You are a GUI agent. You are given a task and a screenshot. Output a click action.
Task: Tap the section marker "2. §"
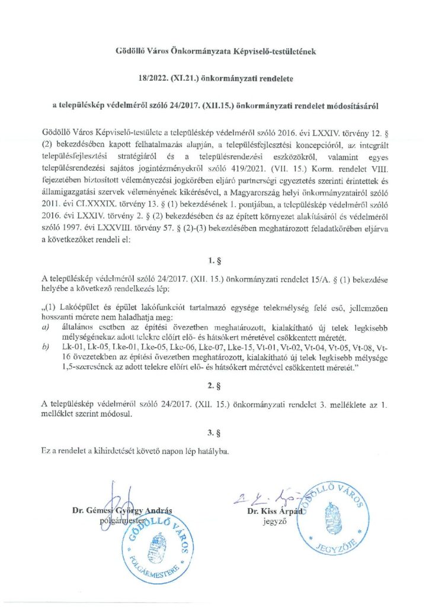click(x=214, y=385)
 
